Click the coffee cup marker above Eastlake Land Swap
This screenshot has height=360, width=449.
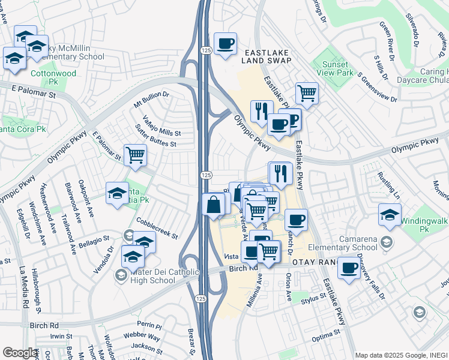click(225, 44)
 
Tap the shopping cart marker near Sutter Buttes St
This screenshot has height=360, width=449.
click(135, 155)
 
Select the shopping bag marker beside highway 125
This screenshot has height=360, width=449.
click(214, 205)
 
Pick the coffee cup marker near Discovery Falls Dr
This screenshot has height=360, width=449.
click(349, 268)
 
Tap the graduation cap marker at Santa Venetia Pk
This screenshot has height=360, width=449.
click(117, 193)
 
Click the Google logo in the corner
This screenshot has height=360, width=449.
click(20, 353)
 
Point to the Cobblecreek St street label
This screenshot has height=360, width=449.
click(157, 229)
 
